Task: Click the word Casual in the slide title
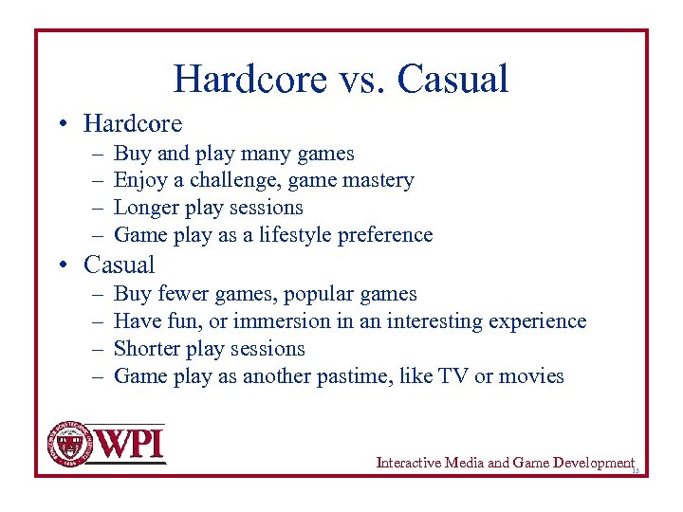point(452,79)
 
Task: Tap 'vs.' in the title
point(360,79)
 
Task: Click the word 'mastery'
point(378,180)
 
